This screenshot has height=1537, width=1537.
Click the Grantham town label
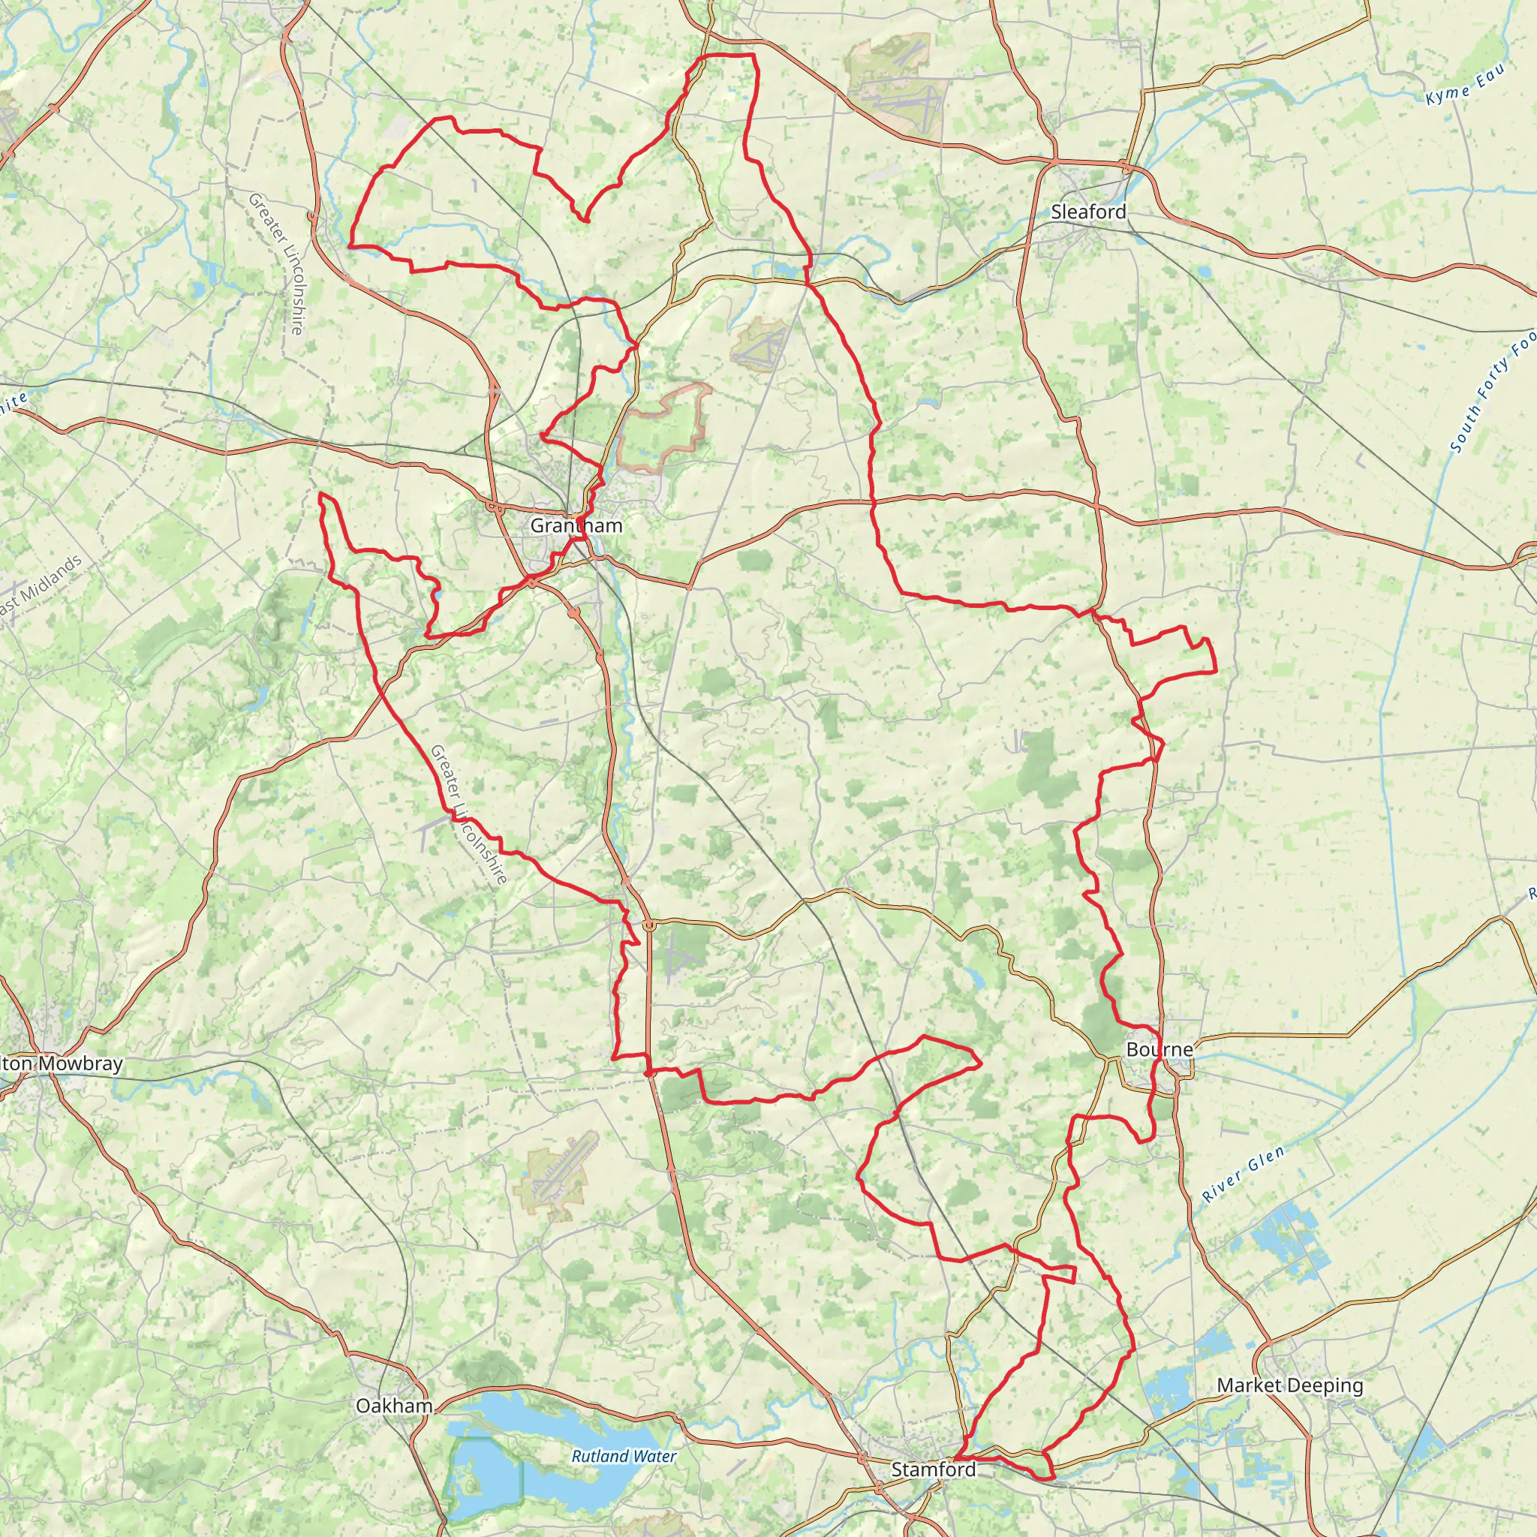point(576,526)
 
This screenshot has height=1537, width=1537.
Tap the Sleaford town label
point(1087,212)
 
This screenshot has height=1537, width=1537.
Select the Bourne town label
point(1159,1049)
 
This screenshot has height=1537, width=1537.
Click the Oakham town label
point(394,1406)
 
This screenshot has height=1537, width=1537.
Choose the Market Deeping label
point(1289,1385)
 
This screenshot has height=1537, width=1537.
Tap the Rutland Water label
point(624,1457)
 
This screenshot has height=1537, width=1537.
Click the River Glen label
point(1243,1175)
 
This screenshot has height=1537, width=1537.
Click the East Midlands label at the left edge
point(40,585)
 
